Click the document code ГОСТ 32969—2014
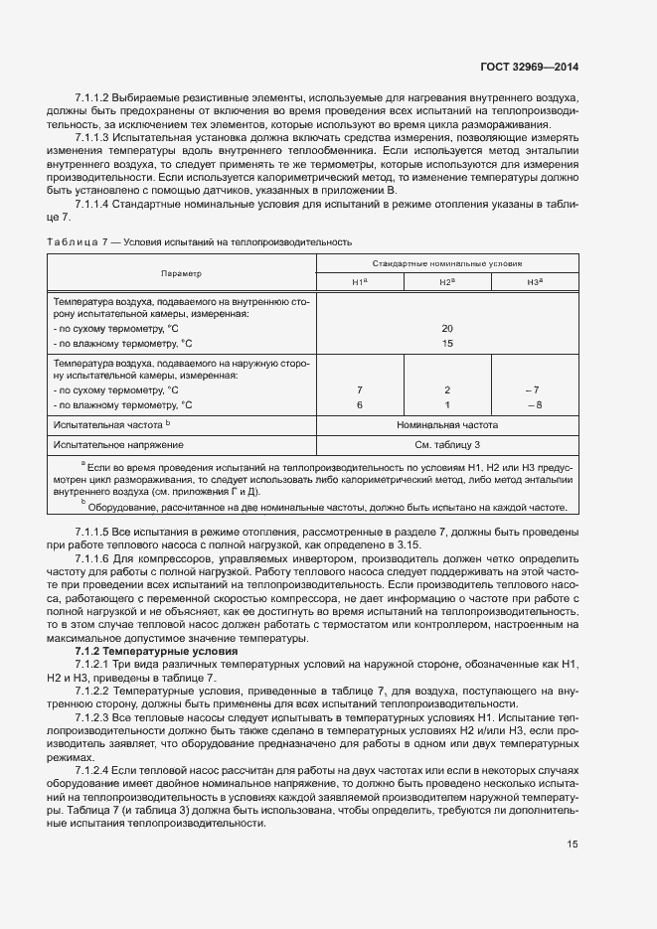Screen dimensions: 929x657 click(529, 68)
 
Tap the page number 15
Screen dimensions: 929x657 click(573, 845)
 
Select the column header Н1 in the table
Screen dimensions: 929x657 click(360, 283)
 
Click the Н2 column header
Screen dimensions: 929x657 click(447, 283)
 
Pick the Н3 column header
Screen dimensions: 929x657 click(535, 283)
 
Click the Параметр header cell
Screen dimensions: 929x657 click(181, 273)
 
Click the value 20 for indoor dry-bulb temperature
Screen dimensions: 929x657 click(447, 328)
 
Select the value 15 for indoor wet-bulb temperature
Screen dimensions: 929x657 click(447, 343)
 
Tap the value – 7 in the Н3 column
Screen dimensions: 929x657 click(535, 390)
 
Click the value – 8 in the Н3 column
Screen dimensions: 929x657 click(535, 405)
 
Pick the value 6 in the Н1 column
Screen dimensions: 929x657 click(360, 405)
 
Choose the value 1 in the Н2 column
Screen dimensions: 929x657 click(447, 405)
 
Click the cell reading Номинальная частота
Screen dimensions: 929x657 click(447, 425)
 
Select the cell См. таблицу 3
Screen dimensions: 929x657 click(447, 444)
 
